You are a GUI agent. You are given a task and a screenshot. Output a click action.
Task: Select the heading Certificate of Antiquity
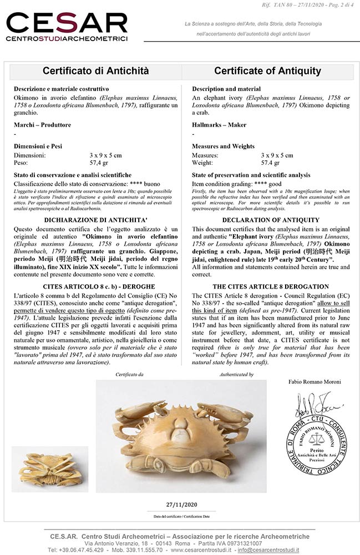(267, 71)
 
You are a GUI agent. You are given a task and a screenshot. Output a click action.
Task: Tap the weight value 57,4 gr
(99, 163)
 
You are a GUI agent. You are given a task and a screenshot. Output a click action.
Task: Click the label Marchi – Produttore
(43, 125)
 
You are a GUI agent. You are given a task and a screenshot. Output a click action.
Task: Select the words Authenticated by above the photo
(236, 375)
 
